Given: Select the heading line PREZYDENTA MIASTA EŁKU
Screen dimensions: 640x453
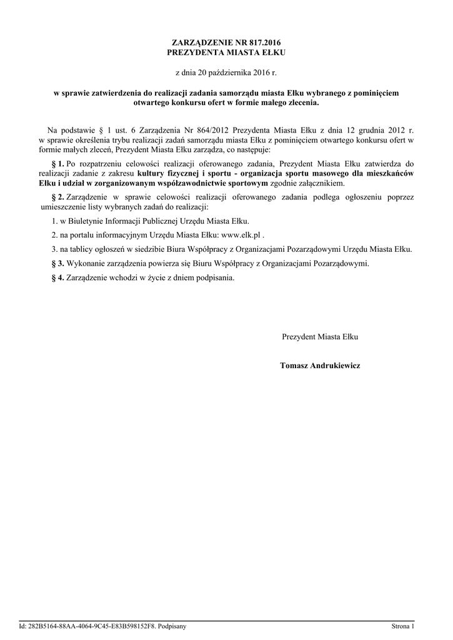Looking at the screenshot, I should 226,52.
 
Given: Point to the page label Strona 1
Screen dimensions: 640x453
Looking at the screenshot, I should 402,626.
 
